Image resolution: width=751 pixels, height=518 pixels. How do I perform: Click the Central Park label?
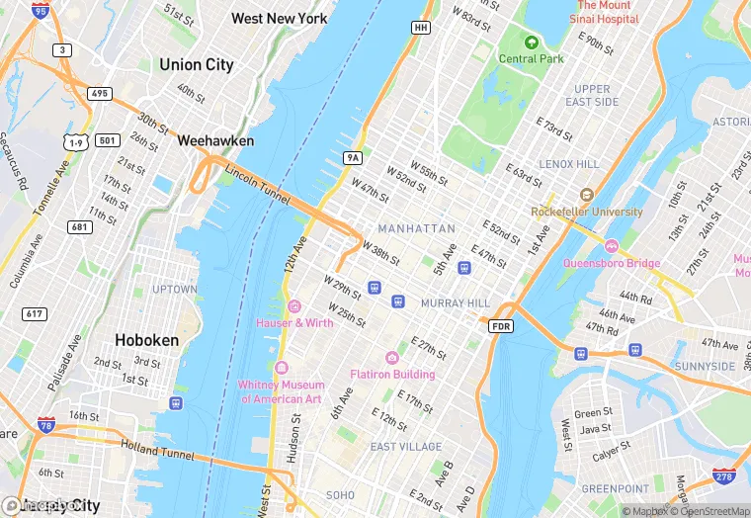click(x=532, y=58)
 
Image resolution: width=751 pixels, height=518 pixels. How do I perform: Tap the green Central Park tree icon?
click(x=532, y=43)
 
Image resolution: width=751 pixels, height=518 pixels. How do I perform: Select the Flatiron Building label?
click(x=392, y=374)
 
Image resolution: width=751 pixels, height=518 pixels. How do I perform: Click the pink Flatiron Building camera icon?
click(x=392, y=357)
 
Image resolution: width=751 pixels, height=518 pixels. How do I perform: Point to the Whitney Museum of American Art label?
click(x=281, y=391)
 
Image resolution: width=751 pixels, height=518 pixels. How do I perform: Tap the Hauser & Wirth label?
click(x=293, y=322)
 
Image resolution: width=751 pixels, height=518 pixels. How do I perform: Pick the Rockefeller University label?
click(x=586, y=212)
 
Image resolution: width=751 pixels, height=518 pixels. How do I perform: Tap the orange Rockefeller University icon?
click(x=586, y=195)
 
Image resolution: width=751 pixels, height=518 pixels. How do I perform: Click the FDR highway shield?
click(x=502, y=325)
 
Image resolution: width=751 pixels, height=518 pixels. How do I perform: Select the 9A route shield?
click(x=352, y=157)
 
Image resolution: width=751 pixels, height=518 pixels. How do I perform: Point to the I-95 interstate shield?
click(x=39, y=11)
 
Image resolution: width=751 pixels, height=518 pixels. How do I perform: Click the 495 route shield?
click(x=100, y=94)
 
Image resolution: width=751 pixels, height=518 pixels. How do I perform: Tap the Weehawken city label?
click(x=215, y=141)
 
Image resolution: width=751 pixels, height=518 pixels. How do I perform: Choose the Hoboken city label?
click(x=147, y=339)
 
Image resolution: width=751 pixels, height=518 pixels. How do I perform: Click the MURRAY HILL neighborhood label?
click(x=455, y=302)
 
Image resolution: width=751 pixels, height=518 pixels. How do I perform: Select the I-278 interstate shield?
click(x=727, y=477)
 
